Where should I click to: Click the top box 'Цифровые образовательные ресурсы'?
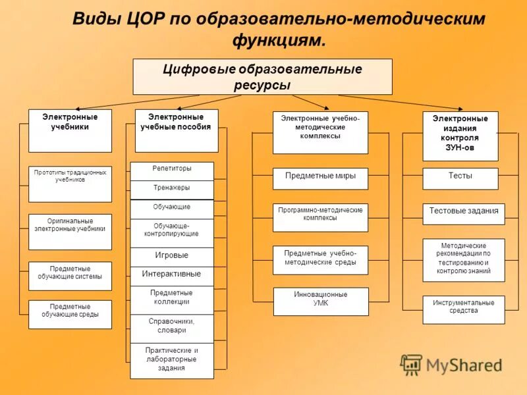coord(262,76)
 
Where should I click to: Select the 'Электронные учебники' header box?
coord(70,130)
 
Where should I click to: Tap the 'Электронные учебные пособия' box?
coord(176,130)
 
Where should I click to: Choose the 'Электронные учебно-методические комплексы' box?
coord(320,132)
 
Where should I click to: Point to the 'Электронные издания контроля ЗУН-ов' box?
coord(460,136)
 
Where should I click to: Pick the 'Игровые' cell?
coord(172,256)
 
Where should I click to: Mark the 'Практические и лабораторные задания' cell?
coord(172,360)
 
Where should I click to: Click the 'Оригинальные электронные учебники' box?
coord(70,231)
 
